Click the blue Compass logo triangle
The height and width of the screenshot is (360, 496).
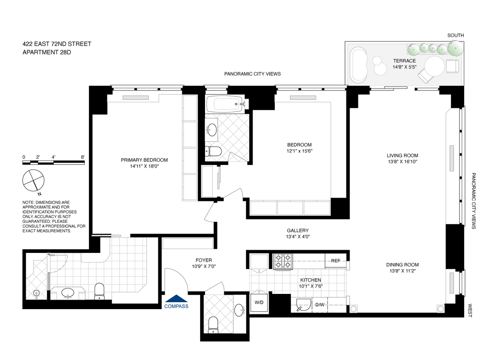(176, 298)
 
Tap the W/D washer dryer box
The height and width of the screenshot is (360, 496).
(259, 303)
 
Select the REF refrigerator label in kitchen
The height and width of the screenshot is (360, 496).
(336, 261)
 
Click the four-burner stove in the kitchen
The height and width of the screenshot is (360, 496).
(283, 261)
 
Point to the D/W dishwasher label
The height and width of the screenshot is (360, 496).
(320, 305)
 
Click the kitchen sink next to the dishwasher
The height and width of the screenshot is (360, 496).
(303, 305)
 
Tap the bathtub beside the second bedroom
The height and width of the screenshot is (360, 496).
(225, 104)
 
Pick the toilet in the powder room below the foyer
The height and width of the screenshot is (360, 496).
(213, 325)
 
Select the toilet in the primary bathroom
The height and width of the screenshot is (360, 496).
(99, 291)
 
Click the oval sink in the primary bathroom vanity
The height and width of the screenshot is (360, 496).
(68, 293)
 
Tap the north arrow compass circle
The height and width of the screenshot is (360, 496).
(33, 181)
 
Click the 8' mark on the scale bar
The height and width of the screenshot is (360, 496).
(83, 157)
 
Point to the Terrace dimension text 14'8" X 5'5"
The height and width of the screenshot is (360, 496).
(405, 67)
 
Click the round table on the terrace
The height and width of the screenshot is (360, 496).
(434, 67)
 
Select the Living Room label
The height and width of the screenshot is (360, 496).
(403, 155)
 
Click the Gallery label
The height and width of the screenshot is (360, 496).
(298, 231)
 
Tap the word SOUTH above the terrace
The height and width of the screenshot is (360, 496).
(455, 36)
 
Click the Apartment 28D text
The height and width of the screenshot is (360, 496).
(47, 52)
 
